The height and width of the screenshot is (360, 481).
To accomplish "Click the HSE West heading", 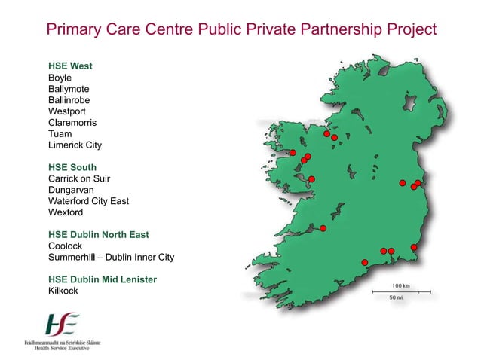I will coord(70,66).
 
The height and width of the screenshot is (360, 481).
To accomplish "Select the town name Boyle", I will coord(60,78).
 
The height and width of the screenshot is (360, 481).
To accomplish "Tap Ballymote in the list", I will coord(69,89).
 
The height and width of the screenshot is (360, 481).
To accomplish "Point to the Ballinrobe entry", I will coord(69,100).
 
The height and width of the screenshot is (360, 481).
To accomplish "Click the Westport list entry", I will coord(67,111).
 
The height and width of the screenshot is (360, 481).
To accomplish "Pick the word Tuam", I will coord(60,134).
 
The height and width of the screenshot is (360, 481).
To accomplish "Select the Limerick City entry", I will coord(75,145).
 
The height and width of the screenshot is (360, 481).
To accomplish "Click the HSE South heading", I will coord(72,167).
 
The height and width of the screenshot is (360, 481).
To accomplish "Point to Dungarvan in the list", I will coord(71,190).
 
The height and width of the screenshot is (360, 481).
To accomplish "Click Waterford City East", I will coord(88,201).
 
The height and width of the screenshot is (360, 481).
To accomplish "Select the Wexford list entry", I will coord(66,212).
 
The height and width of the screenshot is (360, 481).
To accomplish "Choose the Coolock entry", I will coord(66,246).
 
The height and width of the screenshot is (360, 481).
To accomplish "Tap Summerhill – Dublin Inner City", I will coord(111,257).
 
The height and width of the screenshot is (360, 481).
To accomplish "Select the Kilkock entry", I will coord(63,291).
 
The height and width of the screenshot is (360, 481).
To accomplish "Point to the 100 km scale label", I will coord(400,286).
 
